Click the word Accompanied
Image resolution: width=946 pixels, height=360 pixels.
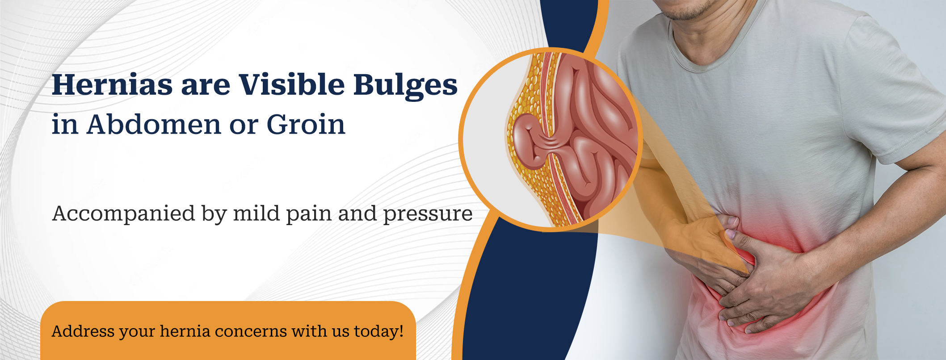click(x=124, y=214)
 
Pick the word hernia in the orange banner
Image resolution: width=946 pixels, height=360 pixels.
click(x=185, y=331)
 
